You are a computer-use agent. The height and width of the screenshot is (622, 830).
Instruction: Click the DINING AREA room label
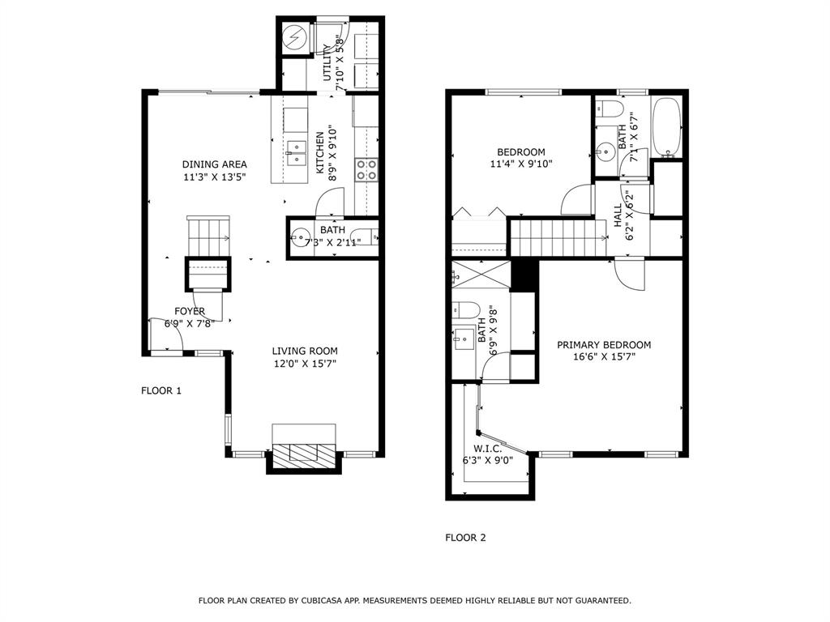point(214,164)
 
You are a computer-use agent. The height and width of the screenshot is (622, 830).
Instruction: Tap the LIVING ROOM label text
point(304,351)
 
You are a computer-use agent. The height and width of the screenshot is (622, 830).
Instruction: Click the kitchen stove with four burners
point(366,169)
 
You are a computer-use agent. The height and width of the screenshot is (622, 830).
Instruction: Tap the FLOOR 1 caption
point(161,390)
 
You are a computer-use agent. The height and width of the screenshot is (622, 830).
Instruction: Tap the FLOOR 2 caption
point(466,537)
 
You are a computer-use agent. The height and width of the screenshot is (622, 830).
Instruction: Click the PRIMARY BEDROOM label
point(603,345)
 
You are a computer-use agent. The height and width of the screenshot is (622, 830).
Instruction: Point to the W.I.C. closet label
point(488,449)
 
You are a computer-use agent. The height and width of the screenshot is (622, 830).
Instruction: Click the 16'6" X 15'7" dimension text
point(603,358)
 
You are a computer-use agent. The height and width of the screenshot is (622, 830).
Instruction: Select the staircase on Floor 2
point(558,236)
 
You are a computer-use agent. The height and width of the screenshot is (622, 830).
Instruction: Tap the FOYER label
point(190,311)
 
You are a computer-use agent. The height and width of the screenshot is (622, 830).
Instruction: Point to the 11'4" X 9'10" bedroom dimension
point(520,164)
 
